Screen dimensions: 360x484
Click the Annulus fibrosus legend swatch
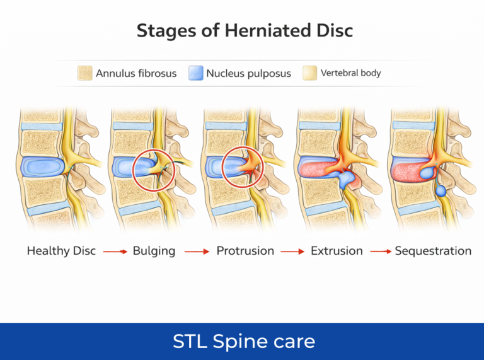coord(85,73)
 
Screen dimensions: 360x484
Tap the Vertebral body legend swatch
coord(309,73)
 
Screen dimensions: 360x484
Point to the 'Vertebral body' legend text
coord(351,73)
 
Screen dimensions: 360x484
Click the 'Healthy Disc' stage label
coord(61,251)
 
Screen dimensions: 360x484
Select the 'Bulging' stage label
coord(154,251)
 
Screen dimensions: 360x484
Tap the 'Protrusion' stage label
coord(245,251)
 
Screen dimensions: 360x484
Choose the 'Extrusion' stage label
coord(337,251)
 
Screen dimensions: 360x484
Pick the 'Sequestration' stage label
coord(433,251)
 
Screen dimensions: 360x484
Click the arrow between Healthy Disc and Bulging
coord(115,252)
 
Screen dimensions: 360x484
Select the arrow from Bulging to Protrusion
coord(197,252)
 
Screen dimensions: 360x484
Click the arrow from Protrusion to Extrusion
coord(292,252)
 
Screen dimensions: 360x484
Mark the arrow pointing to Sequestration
coord(380,252)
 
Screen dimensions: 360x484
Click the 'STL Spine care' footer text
coord(243,342)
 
